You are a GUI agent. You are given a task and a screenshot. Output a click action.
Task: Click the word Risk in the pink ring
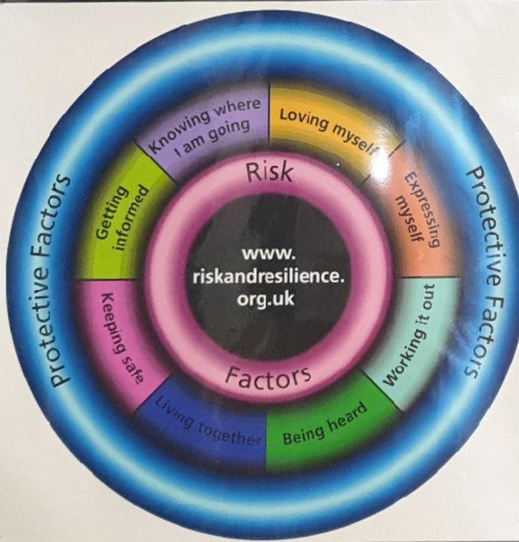[x=270, y=172]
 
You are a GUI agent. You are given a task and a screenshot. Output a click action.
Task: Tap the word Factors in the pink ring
[x=268, y=377]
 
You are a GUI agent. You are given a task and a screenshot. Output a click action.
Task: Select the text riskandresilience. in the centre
[x=268, y=276]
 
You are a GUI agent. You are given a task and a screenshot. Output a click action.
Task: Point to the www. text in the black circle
[x=269, y=254]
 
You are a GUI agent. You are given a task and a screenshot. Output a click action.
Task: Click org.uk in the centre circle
[x=265, y=298]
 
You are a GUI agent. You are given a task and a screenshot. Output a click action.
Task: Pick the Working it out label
[x=407, y=334]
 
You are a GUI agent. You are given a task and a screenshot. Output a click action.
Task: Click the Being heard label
[x=325, y=424]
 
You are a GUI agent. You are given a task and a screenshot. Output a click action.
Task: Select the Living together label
[x=209, y=423]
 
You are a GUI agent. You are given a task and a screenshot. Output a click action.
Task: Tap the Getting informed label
[x=122, y=218]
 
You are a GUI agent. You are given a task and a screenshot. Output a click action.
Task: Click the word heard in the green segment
[x=347, y=416]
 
